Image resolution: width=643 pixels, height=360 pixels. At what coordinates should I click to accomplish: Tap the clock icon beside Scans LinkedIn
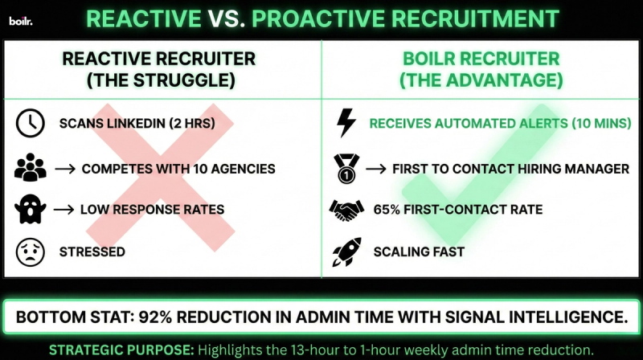(30, 123)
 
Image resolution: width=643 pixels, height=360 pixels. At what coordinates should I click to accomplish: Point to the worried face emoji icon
(30, 252)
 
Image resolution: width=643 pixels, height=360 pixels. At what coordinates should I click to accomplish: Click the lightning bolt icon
(346, 123)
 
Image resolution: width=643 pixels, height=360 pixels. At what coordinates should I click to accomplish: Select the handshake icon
(346, 210)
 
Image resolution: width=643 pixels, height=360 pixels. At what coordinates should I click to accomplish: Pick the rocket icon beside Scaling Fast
(346, 252)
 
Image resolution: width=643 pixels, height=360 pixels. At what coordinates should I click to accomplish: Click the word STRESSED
(92, 252)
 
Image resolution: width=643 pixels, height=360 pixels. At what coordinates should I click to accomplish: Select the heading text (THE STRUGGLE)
(159, 80)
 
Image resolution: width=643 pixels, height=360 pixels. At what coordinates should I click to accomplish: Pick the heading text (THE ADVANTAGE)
(481, 80)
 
